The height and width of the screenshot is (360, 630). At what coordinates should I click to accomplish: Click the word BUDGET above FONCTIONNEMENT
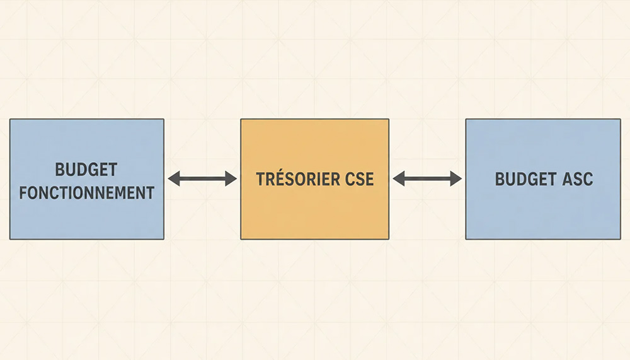tap(86, 170)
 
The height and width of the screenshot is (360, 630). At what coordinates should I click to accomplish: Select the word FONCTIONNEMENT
tap(87, 193)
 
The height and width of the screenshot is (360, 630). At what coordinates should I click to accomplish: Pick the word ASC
tap(577, 180)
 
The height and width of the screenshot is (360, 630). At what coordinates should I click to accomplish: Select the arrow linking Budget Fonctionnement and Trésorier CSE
tap(202, 178)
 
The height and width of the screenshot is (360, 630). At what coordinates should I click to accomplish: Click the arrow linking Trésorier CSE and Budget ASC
tap(427, 178)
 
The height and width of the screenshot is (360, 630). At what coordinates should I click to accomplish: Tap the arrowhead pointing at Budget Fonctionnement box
tap(174, 178)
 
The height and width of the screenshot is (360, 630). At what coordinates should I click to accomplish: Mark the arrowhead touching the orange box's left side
tap(231, 178)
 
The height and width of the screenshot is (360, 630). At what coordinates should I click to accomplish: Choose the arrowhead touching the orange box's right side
tap(399, 178)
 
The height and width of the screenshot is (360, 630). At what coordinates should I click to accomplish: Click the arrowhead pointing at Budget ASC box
tap(456, 178)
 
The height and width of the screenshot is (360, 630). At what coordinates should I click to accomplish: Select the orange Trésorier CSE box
tap(314, 179)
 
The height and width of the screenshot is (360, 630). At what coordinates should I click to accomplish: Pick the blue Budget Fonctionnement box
tap(87, 179)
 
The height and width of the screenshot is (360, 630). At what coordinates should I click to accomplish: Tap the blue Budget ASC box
tap(543, 179)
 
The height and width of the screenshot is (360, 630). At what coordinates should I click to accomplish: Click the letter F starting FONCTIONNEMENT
tap(23, 193)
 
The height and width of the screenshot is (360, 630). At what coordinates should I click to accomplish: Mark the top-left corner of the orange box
tap(241, 119)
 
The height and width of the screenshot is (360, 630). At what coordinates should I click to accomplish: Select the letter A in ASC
tap(568, 180)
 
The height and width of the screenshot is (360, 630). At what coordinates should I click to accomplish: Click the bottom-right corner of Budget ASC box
tap(621, 240)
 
